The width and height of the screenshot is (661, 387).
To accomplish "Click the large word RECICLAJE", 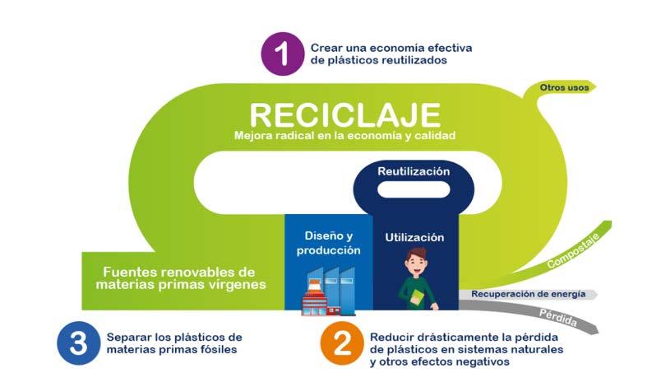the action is point(344,114).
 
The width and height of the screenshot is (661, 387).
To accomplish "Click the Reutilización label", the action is point(414,171).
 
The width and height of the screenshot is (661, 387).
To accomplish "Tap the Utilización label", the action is point(414,237).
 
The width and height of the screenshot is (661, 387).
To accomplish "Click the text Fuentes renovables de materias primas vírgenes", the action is point(180,278).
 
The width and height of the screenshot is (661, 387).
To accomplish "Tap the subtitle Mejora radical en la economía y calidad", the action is point(344,135).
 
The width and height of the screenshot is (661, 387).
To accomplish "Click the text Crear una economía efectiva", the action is point(391,47).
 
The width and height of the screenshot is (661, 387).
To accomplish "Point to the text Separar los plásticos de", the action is point(174,337).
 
